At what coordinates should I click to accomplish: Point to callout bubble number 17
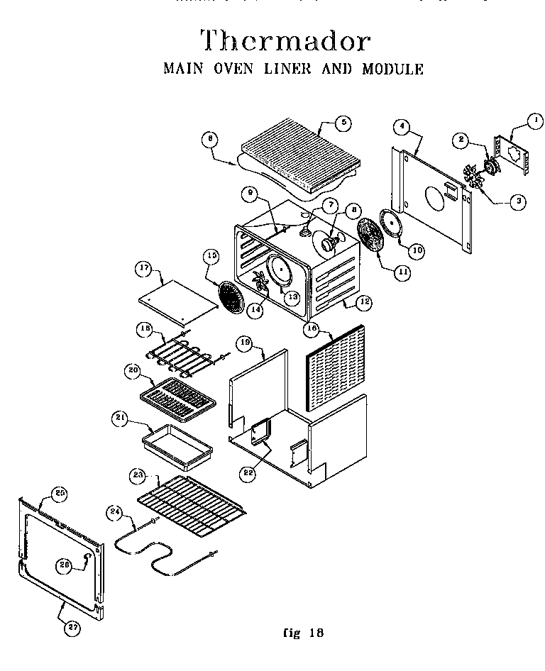145,268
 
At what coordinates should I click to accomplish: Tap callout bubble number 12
364,301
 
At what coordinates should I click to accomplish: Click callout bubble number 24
114,511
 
